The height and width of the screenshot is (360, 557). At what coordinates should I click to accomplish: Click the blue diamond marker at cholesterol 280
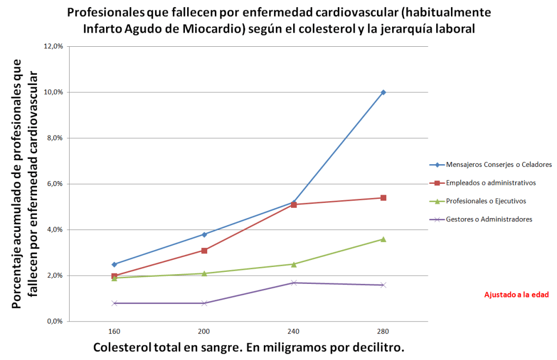pos(383,92)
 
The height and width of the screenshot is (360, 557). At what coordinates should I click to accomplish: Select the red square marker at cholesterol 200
pos(204,251)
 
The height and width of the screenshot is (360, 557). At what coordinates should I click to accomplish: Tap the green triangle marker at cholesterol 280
pos(383,239)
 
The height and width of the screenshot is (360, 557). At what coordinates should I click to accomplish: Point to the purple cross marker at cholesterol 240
pos(294,283)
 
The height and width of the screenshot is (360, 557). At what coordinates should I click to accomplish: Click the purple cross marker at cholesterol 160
pos(114,303)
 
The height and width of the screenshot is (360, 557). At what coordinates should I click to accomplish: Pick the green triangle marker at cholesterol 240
pos(294,264)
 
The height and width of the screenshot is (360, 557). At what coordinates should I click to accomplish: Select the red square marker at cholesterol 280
pos(383,198)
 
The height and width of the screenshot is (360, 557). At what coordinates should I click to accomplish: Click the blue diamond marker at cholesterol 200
pos(204,234)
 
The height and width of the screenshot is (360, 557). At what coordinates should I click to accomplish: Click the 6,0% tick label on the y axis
pos(55,184)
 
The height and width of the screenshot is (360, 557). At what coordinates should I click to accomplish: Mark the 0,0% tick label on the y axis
pos(55,321)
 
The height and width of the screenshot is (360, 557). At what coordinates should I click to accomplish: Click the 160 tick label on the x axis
pos(114,331)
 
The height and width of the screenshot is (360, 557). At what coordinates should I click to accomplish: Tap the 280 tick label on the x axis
pos(383,331)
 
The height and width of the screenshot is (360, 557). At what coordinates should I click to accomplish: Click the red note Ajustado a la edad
pos(516,295)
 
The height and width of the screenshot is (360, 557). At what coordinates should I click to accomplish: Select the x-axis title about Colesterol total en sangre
pos(249,347)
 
